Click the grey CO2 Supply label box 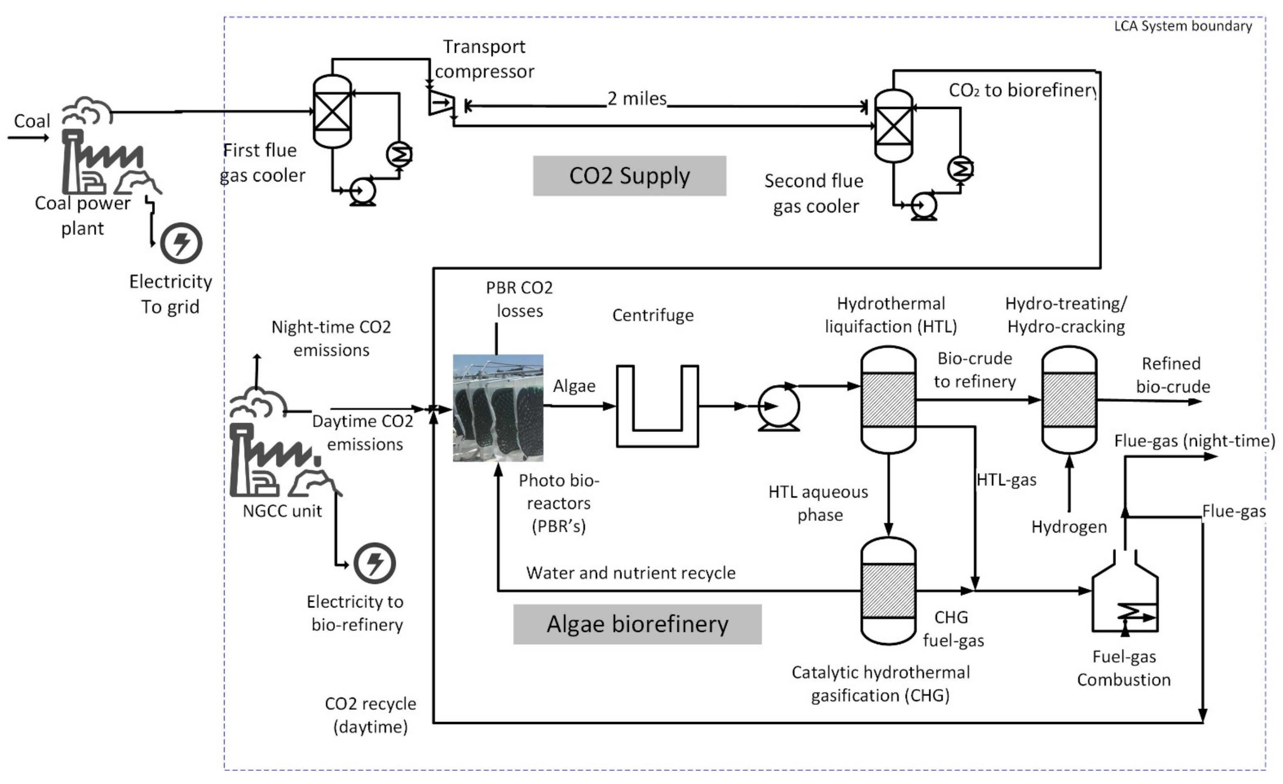pos(629,176)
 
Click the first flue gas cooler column pos(332,111)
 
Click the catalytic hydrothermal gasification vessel pos(888,591)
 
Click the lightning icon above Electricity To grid pos(181,243)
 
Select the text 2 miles pos(637,98)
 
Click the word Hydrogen pos(1069,527)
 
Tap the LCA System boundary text pos(1183,26)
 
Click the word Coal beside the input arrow pos(32,121)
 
